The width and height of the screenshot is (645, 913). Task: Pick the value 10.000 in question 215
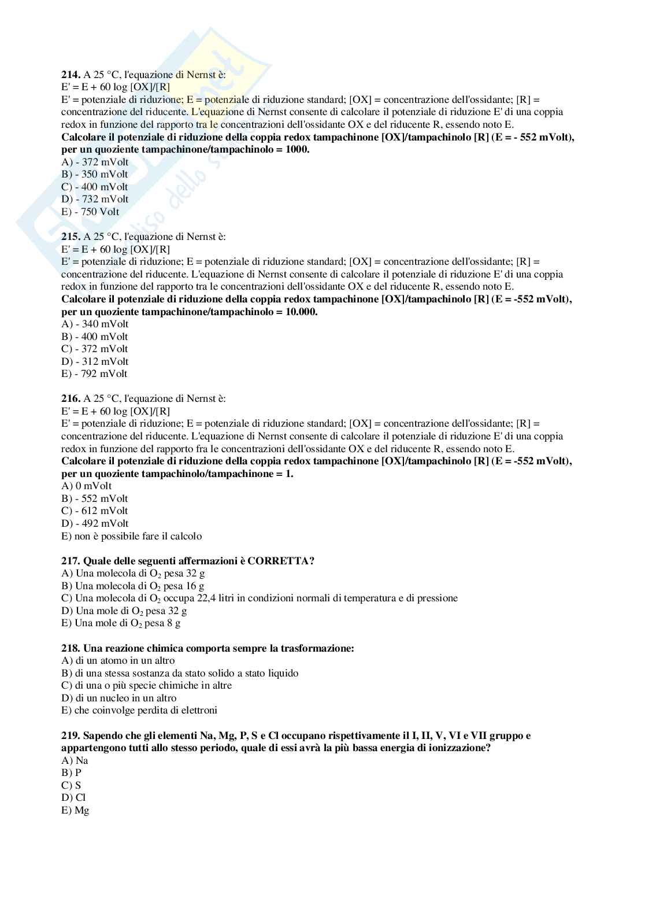(x=302, y=312)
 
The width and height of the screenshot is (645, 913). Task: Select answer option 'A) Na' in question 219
(x=75, y=760)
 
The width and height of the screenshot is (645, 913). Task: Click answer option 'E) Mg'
(x=75, y=810)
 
